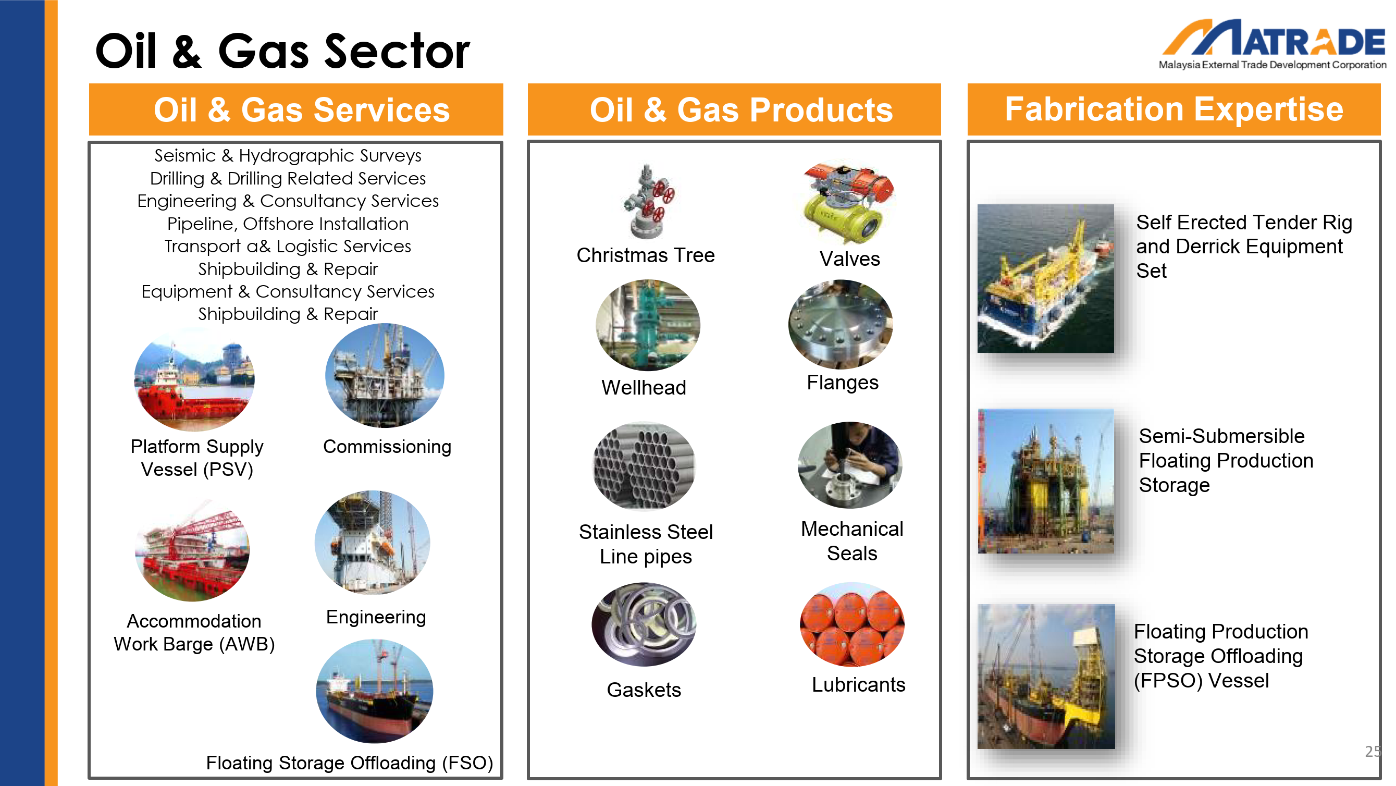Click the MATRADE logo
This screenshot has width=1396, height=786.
(x=1273, y=44)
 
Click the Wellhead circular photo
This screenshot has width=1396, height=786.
(x=648, y=325)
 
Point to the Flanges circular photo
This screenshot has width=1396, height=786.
(x=841, y=324)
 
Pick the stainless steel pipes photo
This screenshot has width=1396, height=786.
(x=645, y=465)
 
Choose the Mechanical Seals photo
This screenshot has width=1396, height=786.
(x=850, y=465)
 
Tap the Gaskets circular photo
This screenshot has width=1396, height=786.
(x=644, y=624)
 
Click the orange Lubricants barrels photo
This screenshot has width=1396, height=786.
(x=852, y=624)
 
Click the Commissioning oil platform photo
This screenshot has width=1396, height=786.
(x=385, y=376)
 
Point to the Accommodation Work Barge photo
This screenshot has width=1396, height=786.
(x=192, y=550)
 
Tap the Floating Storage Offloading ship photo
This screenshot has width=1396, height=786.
(x=375, y=691)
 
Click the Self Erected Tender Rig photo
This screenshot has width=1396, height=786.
(x=1046, y=279)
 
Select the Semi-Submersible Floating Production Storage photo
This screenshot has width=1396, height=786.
(x=1046, y=482)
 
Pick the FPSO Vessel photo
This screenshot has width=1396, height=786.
(x=1046, y=677)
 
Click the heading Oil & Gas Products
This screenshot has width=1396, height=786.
(x=741, y=110)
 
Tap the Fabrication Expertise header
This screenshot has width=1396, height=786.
(x=1174, y=109)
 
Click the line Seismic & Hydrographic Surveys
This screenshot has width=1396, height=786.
(x=288, y=155)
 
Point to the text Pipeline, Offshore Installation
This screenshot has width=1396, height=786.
(x=288, y=223)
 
